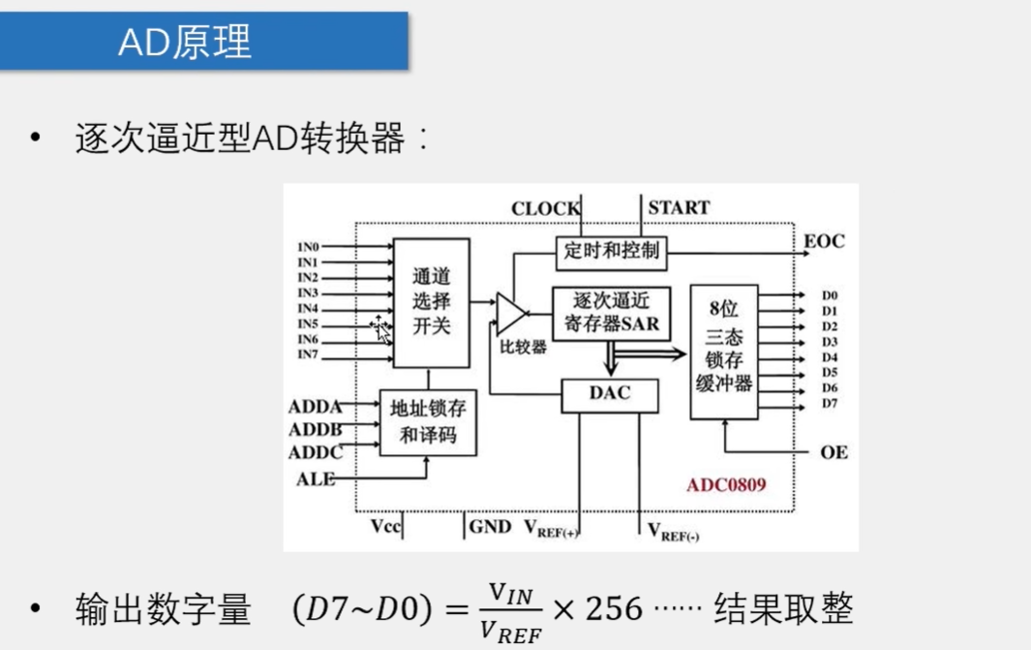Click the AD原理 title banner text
(x=185, y=41)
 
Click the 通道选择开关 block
(x=431, y=302)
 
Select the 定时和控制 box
(x=611, y=251)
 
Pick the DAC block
(x=610, y=393)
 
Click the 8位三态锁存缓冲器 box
(x=723, y=352)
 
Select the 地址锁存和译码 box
(x=428, y=422)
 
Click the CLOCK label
(x=546, y=208)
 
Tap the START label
(x=679, y=207)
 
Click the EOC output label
(x=824, y=241)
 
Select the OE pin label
(x=834, y=452)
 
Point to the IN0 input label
(x=309, y=247)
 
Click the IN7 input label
(x=309, y=355)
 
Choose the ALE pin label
(x=316, y=479)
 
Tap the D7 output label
(x=830, y=403)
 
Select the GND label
(x=490, y=527)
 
